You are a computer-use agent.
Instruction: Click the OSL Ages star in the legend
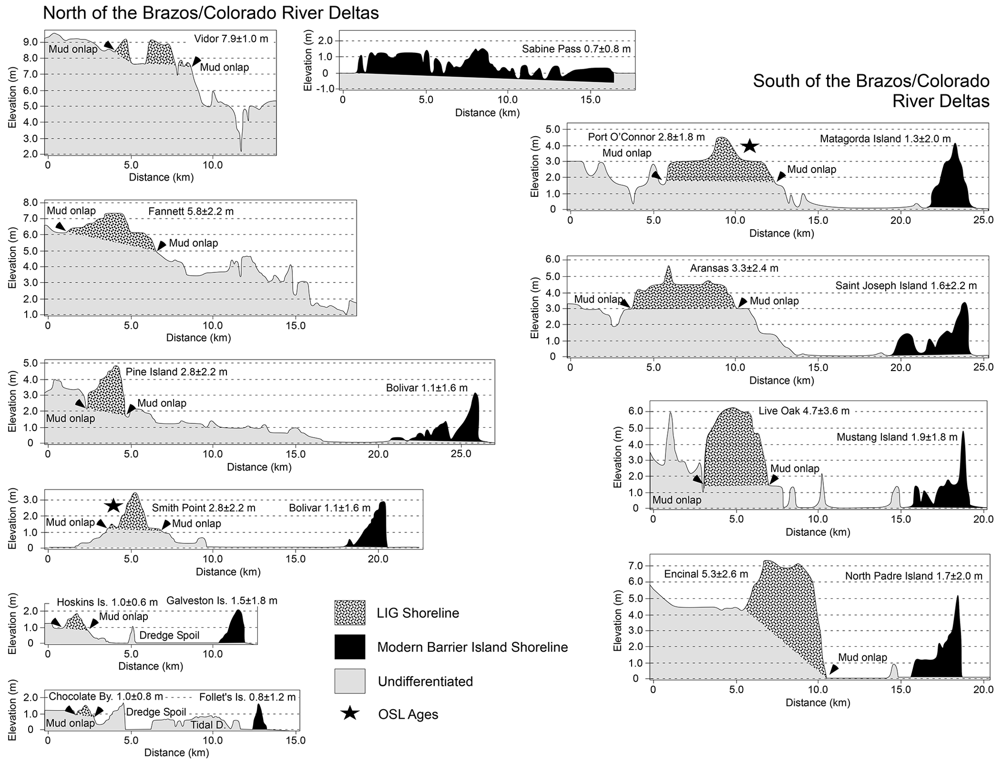pos(350,714)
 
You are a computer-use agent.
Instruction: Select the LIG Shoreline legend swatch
pos(350,613)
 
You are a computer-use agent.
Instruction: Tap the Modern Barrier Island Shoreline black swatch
pos(350,647)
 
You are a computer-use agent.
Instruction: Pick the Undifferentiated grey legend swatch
pos(350,681)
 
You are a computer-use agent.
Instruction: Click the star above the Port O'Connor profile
pos(749,145)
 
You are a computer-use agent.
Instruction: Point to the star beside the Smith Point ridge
pos(113,505)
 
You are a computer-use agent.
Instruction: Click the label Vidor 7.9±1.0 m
pos(231,39)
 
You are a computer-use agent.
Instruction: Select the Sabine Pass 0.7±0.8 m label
pos(576,49)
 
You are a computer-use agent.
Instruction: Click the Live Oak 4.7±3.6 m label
pos(804,411)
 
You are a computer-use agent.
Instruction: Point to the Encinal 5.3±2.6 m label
pos(706,575)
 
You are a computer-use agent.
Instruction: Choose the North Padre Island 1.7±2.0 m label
pos(914,576)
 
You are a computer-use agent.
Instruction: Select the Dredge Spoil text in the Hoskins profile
pos(169,635)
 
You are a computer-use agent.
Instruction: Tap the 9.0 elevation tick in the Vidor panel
pos(31,42)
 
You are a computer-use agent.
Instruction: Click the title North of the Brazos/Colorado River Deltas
pos(211,13)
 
